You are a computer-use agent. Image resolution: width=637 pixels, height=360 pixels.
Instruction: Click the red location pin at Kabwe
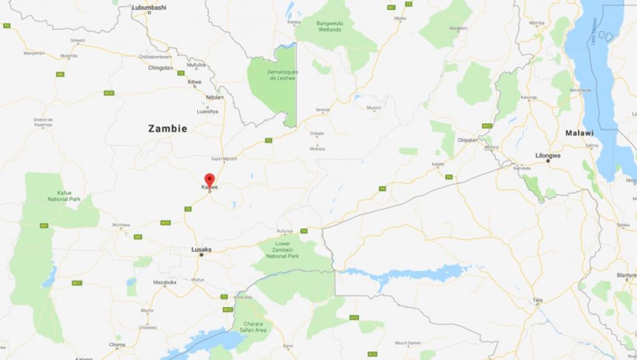tap(209, 179)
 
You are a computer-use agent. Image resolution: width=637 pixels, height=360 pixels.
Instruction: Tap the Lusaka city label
tap(201, 249)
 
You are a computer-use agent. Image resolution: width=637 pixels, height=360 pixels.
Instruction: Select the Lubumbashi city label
tap(149, 7)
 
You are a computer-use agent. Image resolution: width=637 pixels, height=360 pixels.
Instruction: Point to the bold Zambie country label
tap(167, 129)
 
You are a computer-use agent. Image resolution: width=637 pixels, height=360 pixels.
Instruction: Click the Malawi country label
tap(579, 133)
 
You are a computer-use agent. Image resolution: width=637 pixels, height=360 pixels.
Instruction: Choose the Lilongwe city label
tap(548, 155)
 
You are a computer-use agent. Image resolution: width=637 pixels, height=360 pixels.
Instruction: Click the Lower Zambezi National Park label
tap(283, 249)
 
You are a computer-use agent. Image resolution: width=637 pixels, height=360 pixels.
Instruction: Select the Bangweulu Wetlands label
tap(335, 26)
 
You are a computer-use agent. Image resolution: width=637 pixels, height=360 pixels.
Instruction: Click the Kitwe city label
tap(195, 81)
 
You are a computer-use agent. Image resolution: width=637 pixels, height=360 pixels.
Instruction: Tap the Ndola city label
tap(213, 97)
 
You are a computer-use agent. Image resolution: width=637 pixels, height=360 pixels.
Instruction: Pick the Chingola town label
tap(159, 67)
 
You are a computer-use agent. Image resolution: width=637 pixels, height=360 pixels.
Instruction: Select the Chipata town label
tap(466, 141)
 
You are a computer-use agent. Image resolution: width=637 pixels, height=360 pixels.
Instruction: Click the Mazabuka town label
tap(164, 281)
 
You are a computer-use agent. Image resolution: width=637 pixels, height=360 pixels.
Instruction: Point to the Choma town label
tap(117, 344)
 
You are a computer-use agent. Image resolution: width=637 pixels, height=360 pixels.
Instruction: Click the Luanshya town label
tap(207, 111)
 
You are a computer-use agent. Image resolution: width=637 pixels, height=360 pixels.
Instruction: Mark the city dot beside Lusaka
tap(201, 256)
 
